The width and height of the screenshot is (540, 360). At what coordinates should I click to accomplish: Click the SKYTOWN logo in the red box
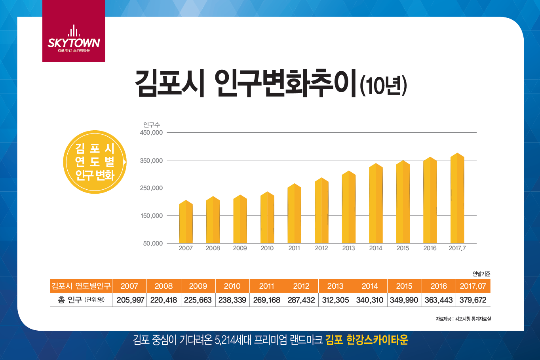pos(74,39)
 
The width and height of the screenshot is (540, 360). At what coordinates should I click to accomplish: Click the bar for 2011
pos(294,214)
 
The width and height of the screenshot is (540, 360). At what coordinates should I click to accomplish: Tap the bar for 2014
pos(376,204)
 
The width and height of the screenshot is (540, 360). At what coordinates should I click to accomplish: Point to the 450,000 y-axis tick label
pos(151,133)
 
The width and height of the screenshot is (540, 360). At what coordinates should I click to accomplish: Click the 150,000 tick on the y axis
pos(151,216)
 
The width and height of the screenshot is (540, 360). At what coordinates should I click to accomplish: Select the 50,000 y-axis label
pos(153,244)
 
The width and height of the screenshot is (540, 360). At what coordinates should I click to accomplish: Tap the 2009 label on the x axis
pos(240,248)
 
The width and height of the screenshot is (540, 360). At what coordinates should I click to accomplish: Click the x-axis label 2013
pos(348,248)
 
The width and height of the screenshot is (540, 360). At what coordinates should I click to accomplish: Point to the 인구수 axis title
pos(151,125)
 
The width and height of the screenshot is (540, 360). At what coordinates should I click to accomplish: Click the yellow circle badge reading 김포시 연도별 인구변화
pos(95,162)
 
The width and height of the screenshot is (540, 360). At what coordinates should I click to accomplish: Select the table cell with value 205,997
pos(130,300)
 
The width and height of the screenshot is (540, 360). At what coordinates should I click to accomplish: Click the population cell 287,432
pos(301,300)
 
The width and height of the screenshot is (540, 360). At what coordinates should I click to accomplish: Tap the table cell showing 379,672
pos(473,300)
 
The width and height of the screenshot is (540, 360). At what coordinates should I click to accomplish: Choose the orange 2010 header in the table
pos(232,286)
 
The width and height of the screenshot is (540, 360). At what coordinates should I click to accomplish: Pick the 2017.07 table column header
pos(473,286)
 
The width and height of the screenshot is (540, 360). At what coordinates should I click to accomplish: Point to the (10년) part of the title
pos(383,86)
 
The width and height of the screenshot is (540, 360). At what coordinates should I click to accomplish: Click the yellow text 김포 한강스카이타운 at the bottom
pos(367,340)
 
